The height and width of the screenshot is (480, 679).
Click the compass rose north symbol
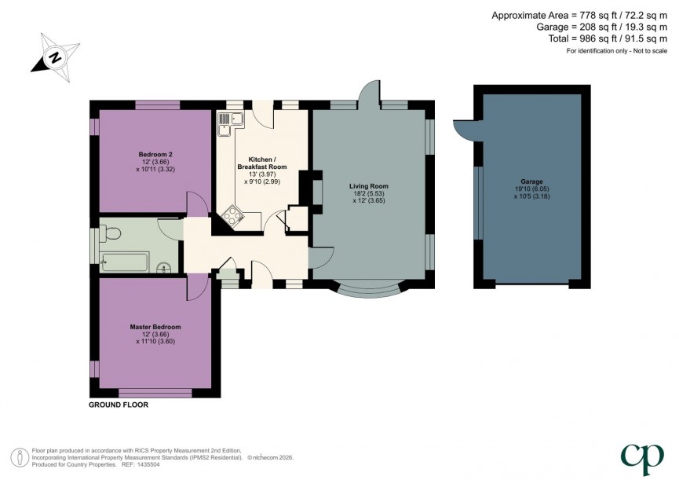tap(53, 55)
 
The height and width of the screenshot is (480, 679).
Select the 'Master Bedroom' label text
tap(155, 327)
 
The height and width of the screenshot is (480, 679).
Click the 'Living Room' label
tap(369, 186)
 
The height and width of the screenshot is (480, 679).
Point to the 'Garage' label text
tap(532, 181)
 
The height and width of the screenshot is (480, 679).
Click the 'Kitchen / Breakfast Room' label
tap(262, 163)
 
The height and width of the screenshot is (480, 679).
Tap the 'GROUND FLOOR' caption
tap(119, 405)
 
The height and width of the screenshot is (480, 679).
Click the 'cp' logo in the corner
tap(642, 456)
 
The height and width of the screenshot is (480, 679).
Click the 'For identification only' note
tap(616, 51)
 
